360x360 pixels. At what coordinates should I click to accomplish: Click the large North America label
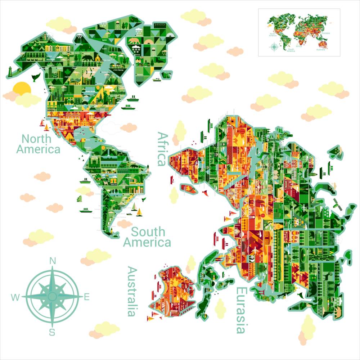point(38,144)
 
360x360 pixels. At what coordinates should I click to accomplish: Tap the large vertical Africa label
point(163,148)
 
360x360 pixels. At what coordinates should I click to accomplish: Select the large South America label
point(147,237)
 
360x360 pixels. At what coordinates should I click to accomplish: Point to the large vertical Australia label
point(132,291)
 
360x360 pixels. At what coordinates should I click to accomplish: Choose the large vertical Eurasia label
point(241,310)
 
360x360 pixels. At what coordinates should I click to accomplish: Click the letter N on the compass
point(53,261)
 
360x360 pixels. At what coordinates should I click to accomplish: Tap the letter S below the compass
point(52,332)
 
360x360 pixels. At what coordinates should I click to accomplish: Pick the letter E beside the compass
point(86,297)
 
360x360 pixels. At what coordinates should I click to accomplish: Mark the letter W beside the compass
point(15,297)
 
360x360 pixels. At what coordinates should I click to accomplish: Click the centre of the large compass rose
point(52,296)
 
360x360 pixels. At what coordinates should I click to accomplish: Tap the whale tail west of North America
point(35,77)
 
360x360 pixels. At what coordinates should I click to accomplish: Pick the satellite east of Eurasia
point(338,204)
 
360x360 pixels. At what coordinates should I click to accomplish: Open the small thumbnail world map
point(299,32)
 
